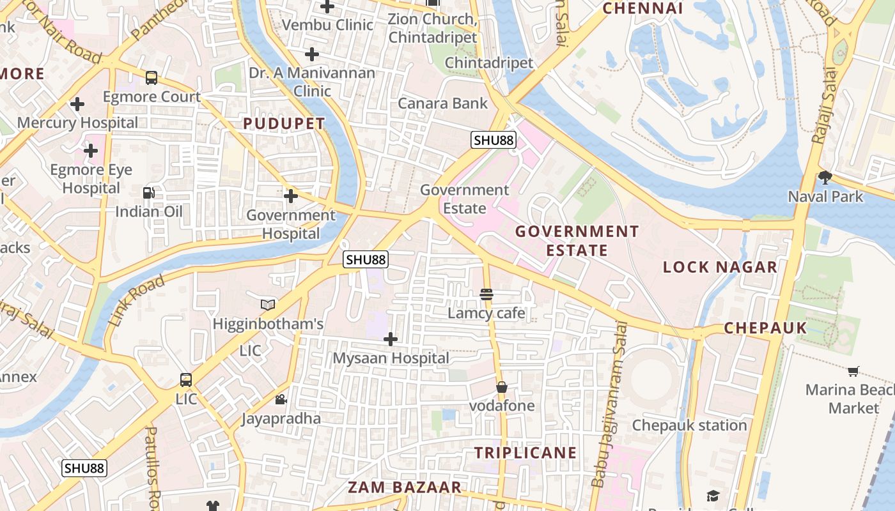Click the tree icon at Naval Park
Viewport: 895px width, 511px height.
point(825,177)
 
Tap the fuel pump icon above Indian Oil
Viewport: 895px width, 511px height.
point(148,192)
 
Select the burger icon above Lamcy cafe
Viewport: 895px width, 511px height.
point(486,294)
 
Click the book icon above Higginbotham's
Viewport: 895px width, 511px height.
point(268,305)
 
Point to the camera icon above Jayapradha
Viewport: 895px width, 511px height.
point(281,400)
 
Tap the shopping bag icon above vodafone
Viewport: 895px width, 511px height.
point(502,387)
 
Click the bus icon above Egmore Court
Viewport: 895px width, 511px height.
point(152,78)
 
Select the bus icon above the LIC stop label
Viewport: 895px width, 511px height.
point(186,380)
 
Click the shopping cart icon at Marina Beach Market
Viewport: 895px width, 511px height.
point(853,371)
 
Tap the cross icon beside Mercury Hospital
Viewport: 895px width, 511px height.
point(77,103)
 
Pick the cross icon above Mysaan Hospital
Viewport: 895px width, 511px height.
point(391,339)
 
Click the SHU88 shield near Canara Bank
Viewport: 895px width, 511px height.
point(494,141)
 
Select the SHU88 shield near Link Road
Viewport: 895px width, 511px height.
point(366,259)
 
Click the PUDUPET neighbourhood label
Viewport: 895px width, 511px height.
point(284,124)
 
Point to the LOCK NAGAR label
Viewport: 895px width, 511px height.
point(720,267)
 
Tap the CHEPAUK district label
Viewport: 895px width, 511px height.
point(765,328)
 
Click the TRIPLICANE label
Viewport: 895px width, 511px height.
point(525,453)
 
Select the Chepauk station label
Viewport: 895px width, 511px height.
point(689,425)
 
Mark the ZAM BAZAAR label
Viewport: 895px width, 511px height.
point(405,487)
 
